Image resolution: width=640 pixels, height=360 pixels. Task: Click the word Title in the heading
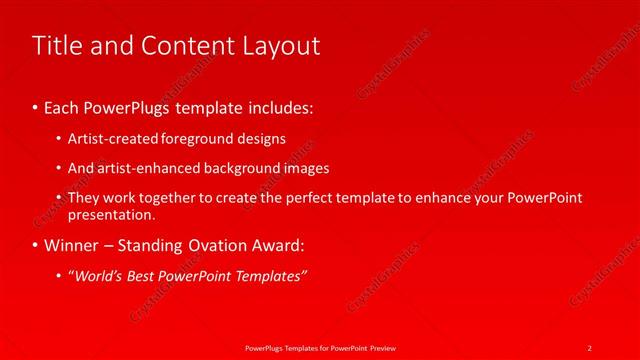click(56, 46)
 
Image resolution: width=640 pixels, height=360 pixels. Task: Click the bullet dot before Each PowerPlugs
click(36, 105)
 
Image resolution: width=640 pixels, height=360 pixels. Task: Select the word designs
click(260, 139)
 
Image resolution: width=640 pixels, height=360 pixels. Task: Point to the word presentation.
click(111, 214)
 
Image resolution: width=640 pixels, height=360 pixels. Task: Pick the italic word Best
click(142, 276)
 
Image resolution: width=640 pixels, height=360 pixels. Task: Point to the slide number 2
click(590, 347)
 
